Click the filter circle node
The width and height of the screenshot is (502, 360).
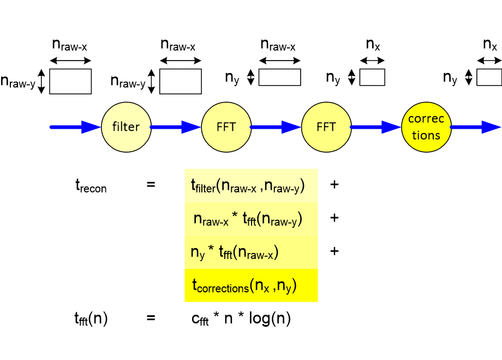coord(126,127)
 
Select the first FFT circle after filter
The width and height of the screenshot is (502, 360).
coord(226,127)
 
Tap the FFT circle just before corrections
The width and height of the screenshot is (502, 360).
coord(326,127)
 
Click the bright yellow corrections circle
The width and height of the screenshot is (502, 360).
coord(427,127)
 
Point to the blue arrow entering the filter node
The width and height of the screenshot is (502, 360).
coord(75,127)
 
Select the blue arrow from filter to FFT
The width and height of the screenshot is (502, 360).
coord(176,127)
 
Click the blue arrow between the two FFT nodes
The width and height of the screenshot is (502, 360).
coord(276,127)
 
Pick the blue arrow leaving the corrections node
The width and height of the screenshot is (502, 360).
coord(476,127)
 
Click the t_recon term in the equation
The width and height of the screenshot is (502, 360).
coord(91,186)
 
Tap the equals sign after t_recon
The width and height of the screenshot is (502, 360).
coord(151,184)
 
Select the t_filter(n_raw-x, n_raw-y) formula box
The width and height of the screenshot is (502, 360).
coord(252,185)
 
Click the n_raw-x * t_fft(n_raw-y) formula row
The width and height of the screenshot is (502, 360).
coord(252,219)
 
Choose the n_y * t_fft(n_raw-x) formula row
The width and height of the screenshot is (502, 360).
coord(252,252)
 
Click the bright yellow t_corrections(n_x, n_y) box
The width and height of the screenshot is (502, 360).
coord(252,285)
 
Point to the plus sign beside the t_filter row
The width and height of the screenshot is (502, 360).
coord(334,185)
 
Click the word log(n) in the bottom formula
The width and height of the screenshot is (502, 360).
coord(270,319)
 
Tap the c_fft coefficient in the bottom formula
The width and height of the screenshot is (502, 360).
coord(200,319)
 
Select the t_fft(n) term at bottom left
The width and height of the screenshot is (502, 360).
coord(91,319)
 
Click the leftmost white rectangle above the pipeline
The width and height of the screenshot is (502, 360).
coord(70,81)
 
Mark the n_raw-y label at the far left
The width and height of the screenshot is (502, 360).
coord(18,81)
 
